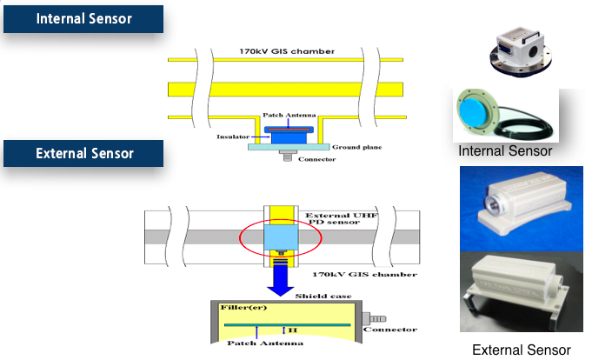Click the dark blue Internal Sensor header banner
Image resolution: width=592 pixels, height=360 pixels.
click(83, 18)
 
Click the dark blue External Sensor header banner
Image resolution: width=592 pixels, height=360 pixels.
click(83, 153)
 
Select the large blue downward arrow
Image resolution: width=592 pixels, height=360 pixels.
click(283, 277)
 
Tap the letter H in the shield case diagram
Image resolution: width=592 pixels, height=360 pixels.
click(295, 331)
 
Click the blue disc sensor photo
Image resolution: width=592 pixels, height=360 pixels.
click(490, 114)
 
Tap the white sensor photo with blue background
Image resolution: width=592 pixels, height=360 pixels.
click(519, 207)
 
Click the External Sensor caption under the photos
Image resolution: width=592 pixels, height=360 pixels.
click(519, 350)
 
